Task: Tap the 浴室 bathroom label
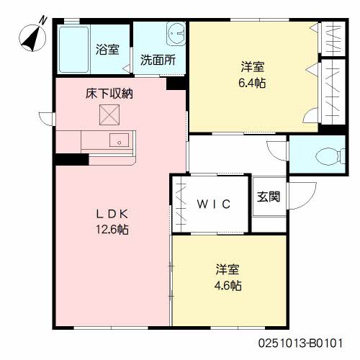[108, 50]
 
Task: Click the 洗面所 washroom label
[158, 60]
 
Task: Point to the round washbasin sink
[174, 32]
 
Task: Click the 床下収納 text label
[110, 93]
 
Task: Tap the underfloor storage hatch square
[110, 114]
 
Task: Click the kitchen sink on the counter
[116, 140]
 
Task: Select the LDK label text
[113, 215]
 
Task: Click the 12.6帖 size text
[113, 230]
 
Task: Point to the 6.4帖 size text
[253, 83]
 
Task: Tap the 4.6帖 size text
[228, 285]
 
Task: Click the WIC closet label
[213, 204]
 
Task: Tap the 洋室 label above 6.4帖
[253, 68]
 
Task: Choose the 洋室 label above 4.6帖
[228, 270]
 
